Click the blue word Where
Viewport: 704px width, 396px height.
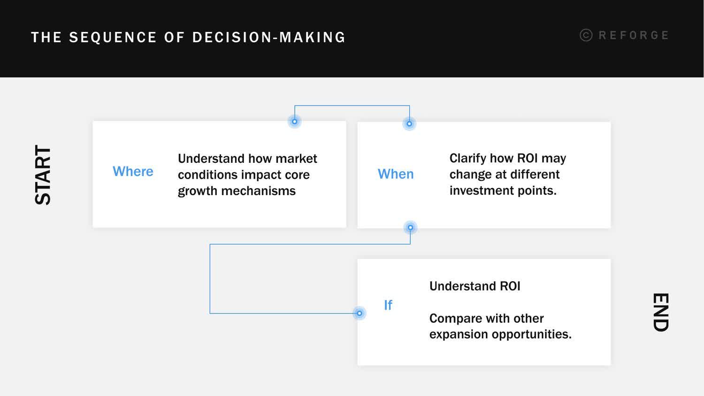(x=133, y=171)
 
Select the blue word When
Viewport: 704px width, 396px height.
(x=396, y=174)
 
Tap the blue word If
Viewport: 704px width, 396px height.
(x=388, y=305)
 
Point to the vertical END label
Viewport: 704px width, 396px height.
(x=660, y=312)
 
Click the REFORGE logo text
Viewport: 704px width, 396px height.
(x=634, y=35)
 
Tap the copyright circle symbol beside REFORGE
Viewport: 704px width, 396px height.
(x=586, y=35)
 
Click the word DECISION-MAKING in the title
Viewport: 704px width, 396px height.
(x=269, y=38)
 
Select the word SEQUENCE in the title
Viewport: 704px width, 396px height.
(x=113, y=38)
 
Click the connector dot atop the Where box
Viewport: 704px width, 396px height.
(x=295, y=122)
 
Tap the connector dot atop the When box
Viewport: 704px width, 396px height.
(x=409, y=124)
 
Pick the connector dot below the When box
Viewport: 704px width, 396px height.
(x=410, y=228)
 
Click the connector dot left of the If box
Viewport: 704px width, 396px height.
(x=360, y=313)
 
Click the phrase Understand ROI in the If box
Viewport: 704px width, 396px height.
(x=474, y=286)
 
